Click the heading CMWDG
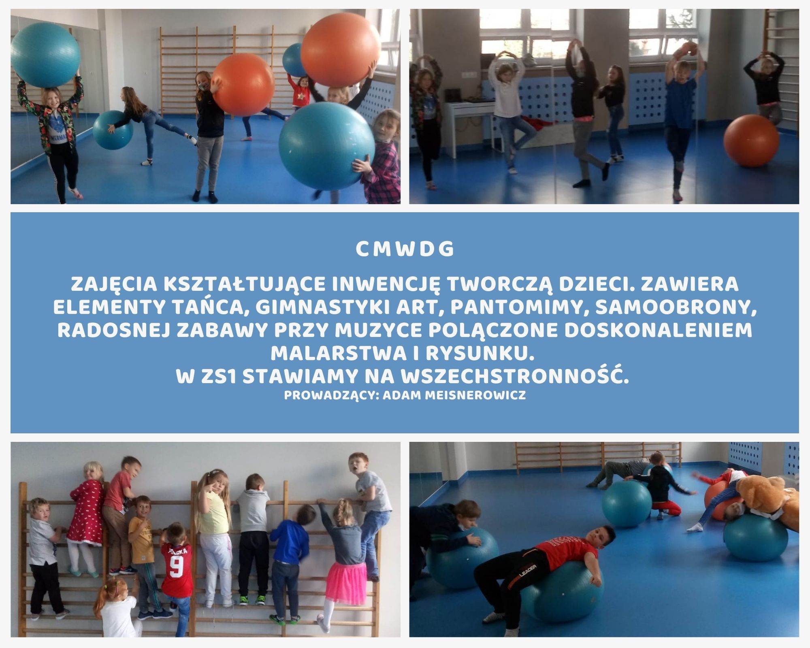[x=405, y=249]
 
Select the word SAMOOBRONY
[x=676, y=307]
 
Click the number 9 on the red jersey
[x=175, y=567]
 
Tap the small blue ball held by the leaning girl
[x=113, y=130]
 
